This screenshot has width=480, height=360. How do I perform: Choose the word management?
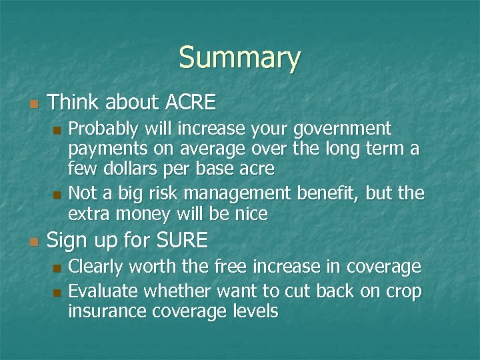(x=239, y=193)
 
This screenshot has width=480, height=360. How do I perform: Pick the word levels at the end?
(x=255, y=311)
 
